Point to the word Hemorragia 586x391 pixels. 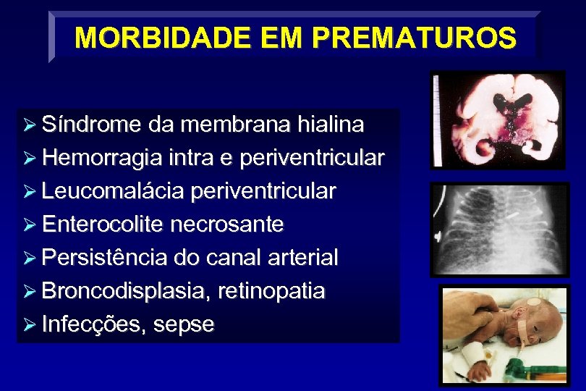(x=101, y=158)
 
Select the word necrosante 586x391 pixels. (x=227, y=224)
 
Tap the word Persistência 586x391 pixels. (x=105, y=258)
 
